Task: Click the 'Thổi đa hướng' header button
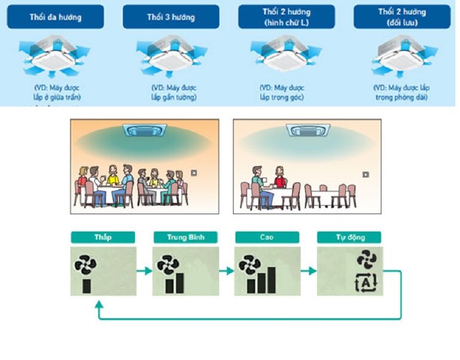click(55, 17)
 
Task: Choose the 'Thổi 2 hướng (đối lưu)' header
click(401, 17)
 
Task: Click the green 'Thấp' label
click(103, 237)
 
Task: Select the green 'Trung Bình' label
click(185, 237)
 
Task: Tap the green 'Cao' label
click(266, 237)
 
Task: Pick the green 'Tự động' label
click(349, 237)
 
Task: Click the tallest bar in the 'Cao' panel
click(272, 279)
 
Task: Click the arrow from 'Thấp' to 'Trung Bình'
click(144, 271)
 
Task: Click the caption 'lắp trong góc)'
click(281, 97)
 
